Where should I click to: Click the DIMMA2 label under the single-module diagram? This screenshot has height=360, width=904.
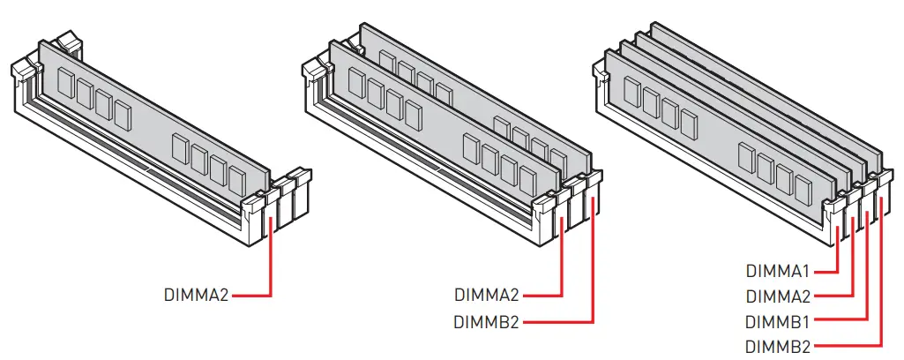[196, 295]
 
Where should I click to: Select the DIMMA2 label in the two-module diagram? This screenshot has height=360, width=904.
[487, 295]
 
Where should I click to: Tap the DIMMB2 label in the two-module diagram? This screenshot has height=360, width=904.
[487, 321]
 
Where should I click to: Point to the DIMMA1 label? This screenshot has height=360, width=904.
[778, 271]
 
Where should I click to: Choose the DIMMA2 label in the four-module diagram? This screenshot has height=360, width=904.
[778, 296]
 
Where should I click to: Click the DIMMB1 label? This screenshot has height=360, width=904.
[778, 321]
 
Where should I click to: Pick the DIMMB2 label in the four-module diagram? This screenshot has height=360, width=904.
[778, 346]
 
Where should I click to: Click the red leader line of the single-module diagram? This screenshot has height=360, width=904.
[270, 265]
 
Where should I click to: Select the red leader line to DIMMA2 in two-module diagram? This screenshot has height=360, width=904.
[562, 265]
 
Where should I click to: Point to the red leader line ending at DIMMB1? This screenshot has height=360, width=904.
[869, 282]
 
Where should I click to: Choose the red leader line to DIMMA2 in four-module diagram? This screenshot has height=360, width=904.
[853, 265]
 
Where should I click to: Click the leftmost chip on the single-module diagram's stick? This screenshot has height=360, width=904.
[65, 82]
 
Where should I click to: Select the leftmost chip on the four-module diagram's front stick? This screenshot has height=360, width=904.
[631, 91]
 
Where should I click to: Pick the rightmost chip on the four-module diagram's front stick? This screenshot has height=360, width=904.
[803, 188]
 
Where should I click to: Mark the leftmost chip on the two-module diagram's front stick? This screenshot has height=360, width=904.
[355, 83]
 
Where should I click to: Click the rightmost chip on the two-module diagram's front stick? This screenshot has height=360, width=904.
[527, 180]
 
